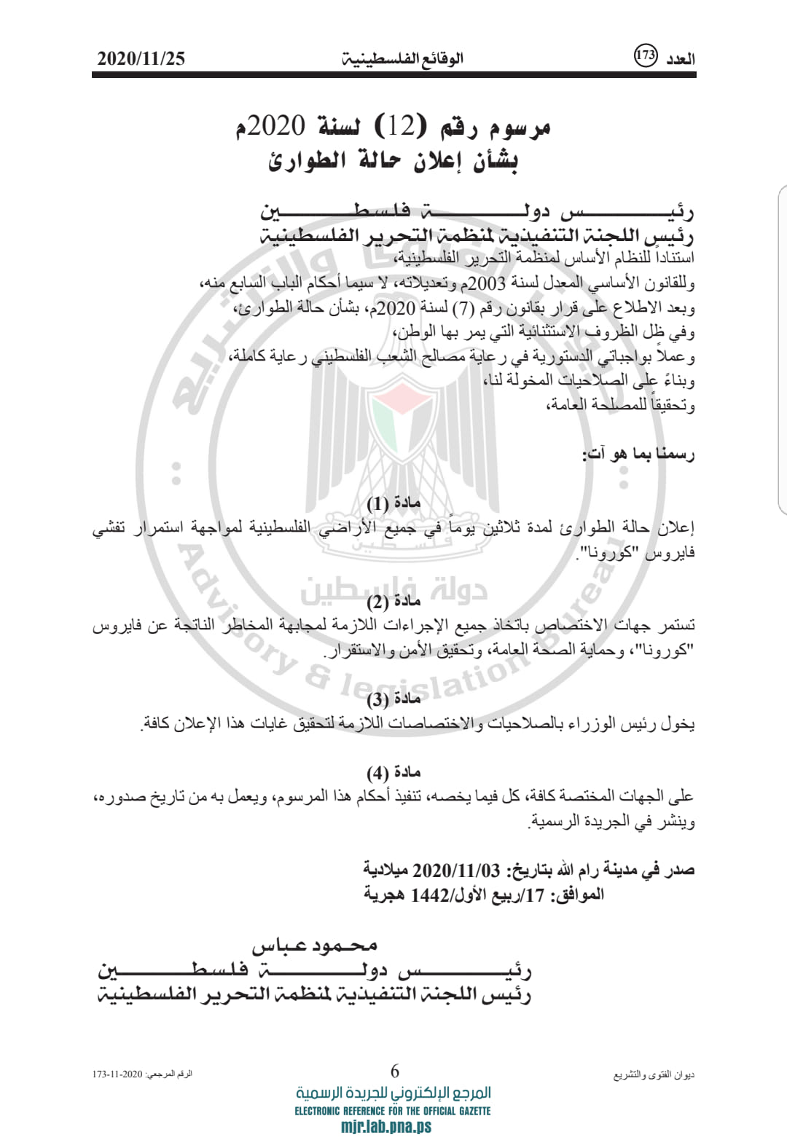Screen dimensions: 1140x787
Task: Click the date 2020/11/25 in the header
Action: coord(141,59)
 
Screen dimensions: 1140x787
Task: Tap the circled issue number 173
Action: coord(646,55)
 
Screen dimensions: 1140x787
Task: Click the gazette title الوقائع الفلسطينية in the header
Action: coord(403,59)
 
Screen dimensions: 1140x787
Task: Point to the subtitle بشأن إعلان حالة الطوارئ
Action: coord(393,160)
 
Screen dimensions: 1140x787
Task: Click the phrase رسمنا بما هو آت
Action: coord(638,455)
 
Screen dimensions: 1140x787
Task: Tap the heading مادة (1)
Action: coord(393,503)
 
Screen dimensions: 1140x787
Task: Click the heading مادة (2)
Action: coord(393,602)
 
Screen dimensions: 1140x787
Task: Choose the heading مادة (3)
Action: coord(393,700)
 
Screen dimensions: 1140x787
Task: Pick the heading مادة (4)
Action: coord(393,772)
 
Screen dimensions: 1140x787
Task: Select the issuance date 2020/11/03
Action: coord(456,870)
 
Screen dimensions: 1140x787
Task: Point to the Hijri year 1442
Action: coord(430,895)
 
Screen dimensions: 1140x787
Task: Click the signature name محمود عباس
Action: coord(315,946)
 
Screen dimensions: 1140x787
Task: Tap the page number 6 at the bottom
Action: coord(394,1071)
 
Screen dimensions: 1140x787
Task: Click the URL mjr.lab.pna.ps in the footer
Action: coord(386,1127)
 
